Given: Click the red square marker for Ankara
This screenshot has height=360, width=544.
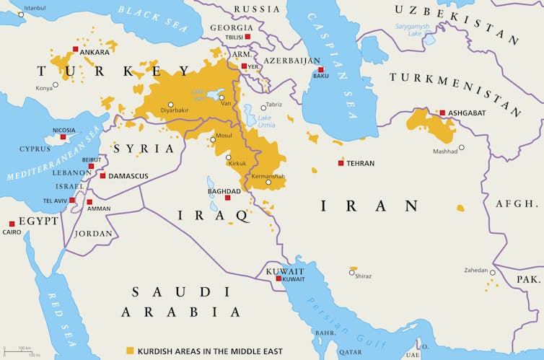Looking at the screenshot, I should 75,49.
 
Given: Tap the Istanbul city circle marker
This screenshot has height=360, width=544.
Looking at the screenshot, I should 21,14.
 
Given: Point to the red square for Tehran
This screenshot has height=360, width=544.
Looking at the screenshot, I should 341,163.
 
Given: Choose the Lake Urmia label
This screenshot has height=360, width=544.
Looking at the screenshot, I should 266,121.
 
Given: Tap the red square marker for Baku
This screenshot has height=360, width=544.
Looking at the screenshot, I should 321,69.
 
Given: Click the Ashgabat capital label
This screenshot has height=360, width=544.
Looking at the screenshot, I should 468,113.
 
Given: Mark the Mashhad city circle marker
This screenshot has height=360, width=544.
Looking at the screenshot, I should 462,149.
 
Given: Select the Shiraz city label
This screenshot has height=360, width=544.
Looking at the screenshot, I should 364,276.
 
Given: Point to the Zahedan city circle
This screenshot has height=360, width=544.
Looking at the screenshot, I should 492,273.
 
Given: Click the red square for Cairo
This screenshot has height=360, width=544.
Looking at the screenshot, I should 12,224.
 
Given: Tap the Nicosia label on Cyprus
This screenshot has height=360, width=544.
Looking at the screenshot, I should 63,131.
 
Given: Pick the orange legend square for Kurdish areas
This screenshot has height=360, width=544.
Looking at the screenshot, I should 130,350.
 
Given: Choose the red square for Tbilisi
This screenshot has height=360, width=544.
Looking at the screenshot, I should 247,36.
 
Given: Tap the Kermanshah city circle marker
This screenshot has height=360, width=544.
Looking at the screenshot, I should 268,183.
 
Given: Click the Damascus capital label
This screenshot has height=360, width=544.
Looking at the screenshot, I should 128,176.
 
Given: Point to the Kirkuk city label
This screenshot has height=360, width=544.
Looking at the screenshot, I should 237,164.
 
